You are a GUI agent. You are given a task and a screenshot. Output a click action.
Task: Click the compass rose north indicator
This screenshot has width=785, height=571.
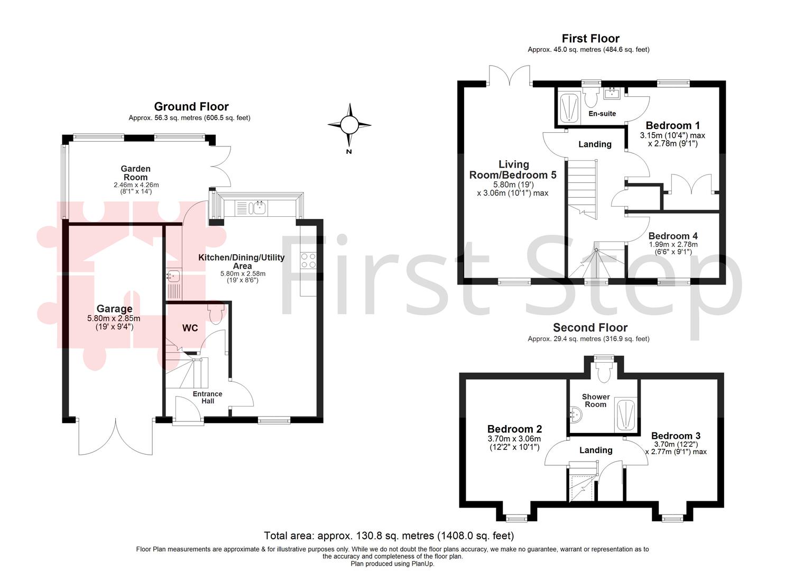pos(349,125)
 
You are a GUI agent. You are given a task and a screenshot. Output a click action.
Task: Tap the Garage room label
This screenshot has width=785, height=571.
pos(114,309)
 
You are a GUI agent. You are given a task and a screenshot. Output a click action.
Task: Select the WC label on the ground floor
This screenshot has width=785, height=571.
pos(190,328)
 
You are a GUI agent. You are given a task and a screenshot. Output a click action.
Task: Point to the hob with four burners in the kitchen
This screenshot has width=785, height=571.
pos(308,260)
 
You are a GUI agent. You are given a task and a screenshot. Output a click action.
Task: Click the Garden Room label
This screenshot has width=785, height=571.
pos(136,173)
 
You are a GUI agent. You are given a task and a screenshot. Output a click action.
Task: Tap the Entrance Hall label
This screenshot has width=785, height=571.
pos(207,398)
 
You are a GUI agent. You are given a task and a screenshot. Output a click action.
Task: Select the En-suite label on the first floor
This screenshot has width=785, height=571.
pos(602,114)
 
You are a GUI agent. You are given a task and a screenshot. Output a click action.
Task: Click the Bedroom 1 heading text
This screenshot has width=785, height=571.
pos(672,125)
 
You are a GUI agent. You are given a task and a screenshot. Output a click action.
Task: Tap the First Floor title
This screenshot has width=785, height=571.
pos(590,39)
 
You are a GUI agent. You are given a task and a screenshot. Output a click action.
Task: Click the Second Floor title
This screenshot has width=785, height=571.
pos(590,328)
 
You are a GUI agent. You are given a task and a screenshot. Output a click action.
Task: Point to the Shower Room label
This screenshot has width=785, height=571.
pos(596,400)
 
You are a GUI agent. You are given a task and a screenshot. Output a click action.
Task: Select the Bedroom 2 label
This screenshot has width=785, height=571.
pos(514,429)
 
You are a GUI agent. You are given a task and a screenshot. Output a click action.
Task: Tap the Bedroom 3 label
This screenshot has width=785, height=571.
pos(676,436)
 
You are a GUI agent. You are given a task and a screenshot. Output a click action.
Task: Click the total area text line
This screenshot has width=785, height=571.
pos(389,536)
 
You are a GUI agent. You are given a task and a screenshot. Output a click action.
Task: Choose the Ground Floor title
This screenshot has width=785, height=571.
pos(191,107)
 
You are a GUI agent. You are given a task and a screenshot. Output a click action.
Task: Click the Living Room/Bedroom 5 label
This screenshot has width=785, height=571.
pos(513,170)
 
